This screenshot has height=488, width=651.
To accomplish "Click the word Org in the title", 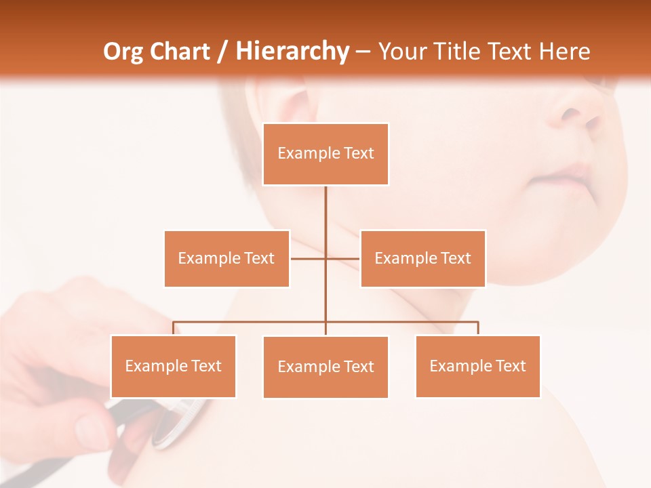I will coord(123,52).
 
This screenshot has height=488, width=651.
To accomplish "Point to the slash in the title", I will coord(222,52).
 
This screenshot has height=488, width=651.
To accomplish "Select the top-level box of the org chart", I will coord(325,154).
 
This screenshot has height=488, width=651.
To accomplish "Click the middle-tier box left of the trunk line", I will coord(226,258).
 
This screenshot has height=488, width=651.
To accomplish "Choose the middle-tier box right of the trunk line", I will coord(422,258).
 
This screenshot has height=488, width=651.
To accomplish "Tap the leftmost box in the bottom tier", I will coord(173,366).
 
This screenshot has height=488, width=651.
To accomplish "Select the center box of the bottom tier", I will coord(325,367).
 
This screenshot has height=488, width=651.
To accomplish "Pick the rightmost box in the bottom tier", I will coord(477,366).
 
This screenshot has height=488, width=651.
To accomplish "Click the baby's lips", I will coord(566,178).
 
